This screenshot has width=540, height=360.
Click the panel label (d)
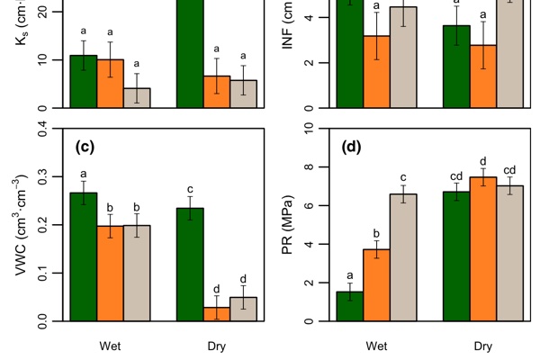(x=352, y=147)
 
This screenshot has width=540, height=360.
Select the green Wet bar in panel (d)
(x=350, y=306)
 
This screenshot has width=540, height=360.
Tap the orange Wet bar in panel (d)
(x=377, y=284)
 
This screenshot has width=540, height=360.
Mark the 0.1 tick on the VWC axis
(x=53, y=273)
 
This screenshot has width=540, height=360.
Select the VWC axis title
(x=22, y=225)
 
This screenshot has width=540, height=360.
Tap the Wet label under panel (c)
(x=111, y=345)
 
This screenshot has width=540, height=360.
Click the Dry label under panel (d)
(x=483, y=345)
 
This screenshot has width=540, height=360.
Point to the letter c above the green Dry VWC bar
(x=190, y=190)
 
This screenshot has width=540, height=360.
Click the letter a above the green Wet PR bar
(x=350, y=275)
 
